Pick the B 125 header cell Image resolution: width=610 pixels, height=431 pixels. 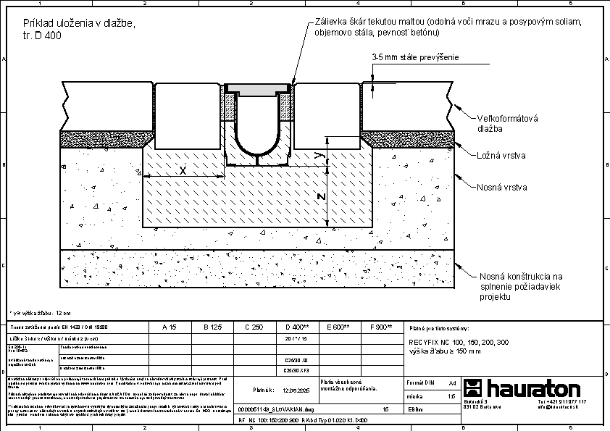tap(212, 327)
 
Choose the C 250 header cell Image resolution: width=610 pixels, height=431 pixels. tap(254, 327)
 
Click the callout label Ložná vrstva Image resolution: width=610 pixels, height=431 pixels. tap(501, 156)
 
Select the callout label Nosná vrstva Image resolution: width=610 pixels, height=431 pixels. tap(501, 187)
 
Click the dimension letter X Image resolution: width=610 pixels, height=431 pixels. tap(183, 170)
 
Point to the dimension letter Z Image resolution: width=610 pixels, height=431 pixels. tap(322, 197)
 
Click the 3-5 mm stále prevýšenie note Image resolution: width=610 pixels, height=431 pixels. tap(415, 57)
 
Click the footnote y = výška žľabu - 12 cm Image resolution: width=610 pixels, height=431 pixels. tap(41, 313)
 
